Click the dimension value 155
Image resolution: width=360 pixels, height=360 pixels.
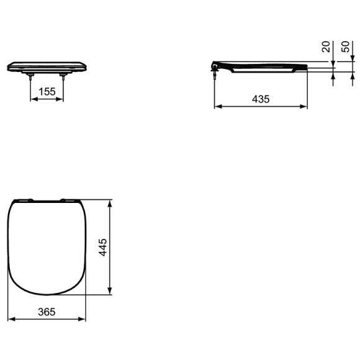[47, 91]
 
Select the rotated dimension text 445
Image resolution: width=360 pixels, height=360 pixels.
[104, 248]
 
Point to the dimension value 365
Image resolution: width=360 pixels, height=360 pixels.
[47, 312]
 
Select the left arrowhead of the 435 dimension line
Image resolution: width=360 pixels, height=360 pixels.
[217, 107]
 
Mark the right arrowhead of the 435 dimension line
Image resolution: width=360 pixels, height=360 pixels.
[304, 107]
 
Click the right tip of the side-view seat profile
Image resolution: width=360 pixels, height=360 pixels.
[307, 68]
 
